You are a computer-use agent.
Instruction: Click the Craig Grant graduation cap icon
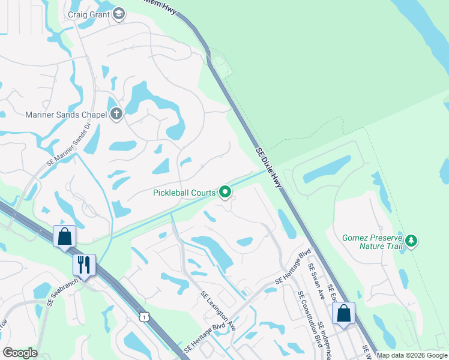(x=119, y=14)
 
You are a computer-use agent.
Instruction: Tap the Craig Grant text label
(x=89, y=14)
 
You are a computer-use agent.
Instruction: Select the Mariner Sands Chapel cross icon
(x=116, y=114)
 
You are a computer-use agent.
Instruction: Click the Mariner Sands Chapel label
(x=65, y=115)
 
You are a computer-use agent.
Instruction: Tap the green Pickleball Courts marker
(x=225, y=192)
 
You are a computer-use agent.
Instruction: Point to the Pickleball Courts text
(x=184, y=193)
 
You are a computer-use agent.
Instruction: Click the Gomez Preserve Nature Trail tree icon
(x=411, y=241)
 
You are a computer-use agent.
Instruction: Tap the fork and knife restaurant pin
(x=83, y=265)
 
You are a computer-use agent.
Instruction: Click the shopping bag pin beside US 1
(x=64, y=236)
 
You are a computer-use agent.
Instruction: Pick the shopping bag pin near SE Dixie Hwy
(x=343, y=313)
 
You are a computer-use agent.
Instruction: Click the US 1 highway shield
(x=143, y=316)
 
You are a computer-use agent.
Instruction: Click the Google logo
(x=20, y=353)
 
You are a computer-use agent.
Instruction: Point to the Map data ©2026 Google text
(x=412, y=355)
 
